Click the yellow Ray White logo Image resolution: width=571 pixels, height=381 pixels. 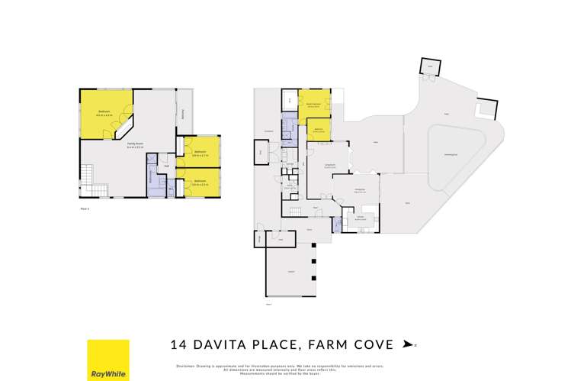[108, 360]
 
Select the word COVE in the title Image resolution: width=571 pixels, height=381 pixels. [374, 344]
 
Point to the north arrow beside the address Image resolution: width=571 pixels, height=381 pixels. [409, 345]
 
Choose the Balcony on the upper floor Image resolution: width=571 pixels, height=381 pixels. [184, 114]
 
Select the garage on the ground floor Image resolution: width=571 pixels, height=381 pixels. [290, 270]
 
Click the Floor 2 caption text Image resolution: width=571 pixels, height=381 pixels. [85, 208]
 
